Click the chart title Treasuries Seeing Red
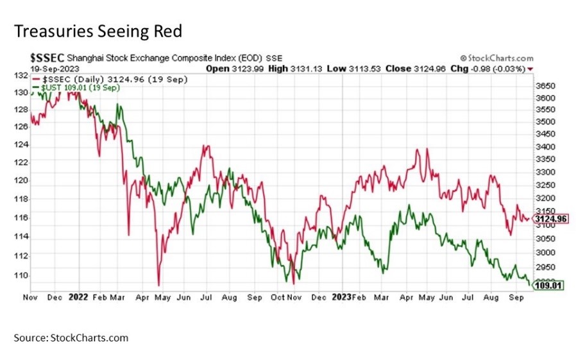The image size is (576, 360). (98, 30)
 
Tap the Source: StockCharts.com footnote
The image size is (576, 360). (71, 338)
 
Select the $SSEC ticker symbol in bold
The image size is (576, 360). (47, 58)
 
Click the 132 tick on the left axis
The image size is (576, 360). (21, 75)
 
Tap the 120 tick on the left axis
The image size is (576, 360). (21, 180)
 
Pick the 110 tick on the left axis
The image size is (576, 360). (21, 275)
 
